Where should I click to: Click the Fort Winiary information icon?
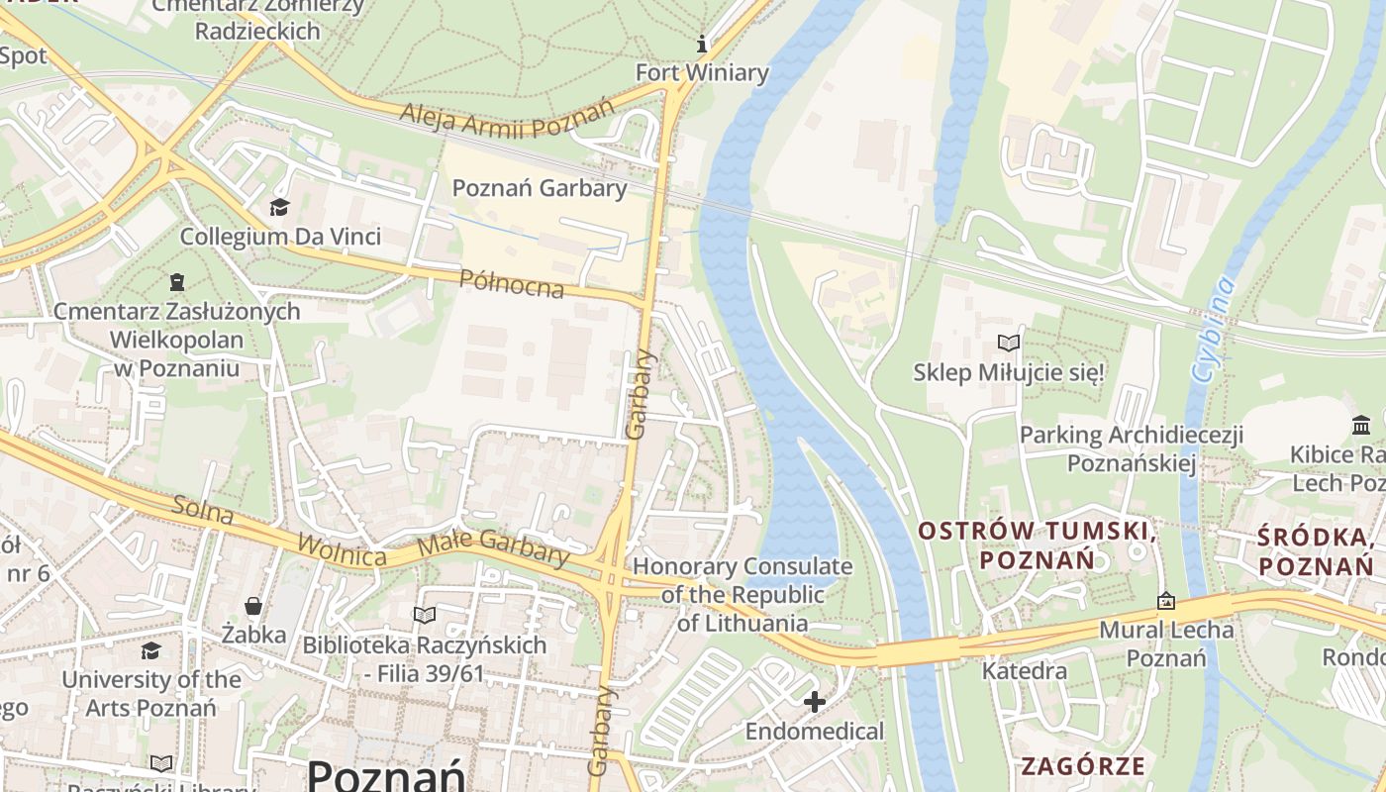click(702, 44)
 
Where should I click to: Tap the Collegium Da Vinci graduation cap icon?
click(279, 207)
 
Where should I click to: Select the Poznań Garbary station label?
click(539, 188)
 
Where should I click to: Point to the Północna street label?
click(512, 283)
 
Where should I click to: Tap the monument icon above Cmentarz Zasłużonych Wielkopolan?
click(177, 282)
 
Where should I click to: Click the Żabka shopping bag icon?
click(253, 606)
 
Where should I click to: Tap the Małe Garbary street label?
click(493, 547)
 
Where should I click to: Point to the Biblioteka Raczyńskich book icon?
click(425, 615)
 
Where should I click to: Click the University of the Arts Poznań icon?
click(150, 650)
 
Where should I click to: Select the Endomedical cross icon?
click(814, 702)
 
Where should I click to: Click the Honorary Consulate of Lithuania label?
click(742, 594)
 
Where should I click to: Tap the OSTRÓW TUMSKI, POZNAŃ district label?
click(1037, 544)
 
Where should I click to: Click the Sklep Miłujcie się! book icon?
click(1008, 344)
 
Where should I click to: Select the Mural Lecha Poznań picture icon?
click(1166, 601)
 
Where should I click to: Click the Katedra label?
click(1024, 671)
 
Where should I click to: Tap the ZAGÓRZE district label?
click(1082, 765)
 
